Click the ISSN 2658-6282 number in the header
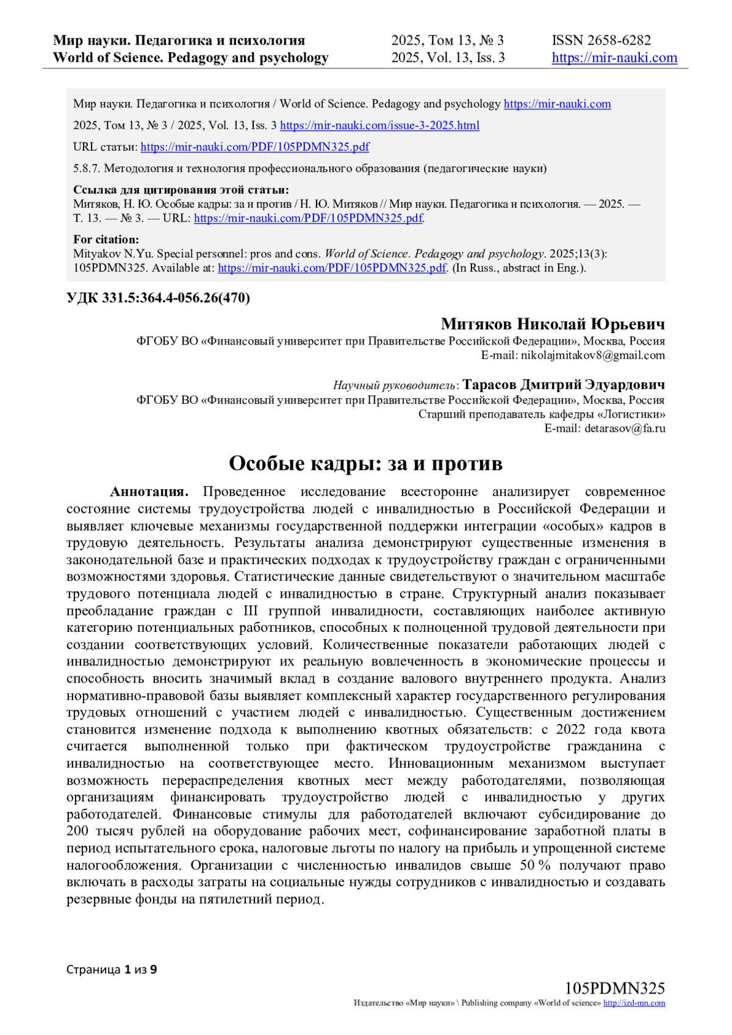[601, 40]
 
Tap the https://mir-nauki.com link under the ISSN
[614, 58]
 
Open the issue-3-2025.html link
[379, 126]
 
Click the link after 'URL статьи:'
[254, 147]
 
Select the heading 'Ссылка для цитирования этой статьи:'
[181, 190]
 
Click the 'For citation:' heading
[106, 240]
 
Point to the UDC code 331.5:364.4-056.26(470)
[158, 298]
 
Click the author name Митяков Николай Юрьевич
[553, 324]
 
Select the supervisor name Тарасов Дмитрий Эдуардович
[564, 385]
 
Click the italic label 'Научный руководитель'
[394, 385]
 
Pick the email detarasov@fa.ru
[625, 428]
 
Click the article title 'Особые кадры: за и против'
[365, 464]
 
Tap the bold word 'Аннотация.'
[149, 492]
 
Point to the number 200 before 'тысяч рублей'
[77, 831]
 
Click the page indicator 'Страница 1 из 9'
[112, 969]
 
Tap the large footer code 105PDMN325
[614, 988]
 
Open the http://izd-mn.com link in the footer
[634, 1003]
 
